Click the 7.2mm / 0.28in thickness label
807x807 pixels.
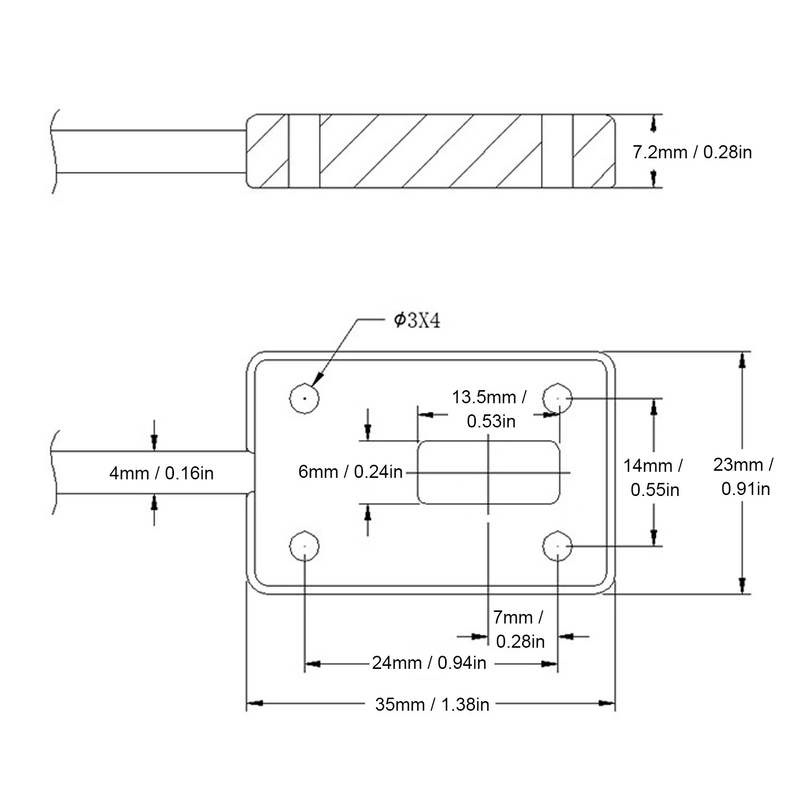click(692, 152)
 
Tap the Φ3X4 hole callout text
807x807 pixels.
click(417, 321)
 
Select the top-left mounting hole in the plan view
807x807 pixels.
click(304, 398)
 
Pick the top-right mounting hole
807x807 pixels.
click(557, 398)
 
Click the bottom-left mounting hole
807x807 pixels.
click(304, 546)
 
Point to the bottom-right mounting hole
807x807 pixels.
click(557, 546)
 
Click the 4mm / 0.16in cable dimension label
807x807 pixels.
click(161, 473)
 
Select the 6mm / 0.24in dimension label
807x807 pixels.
click(350, 472)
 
